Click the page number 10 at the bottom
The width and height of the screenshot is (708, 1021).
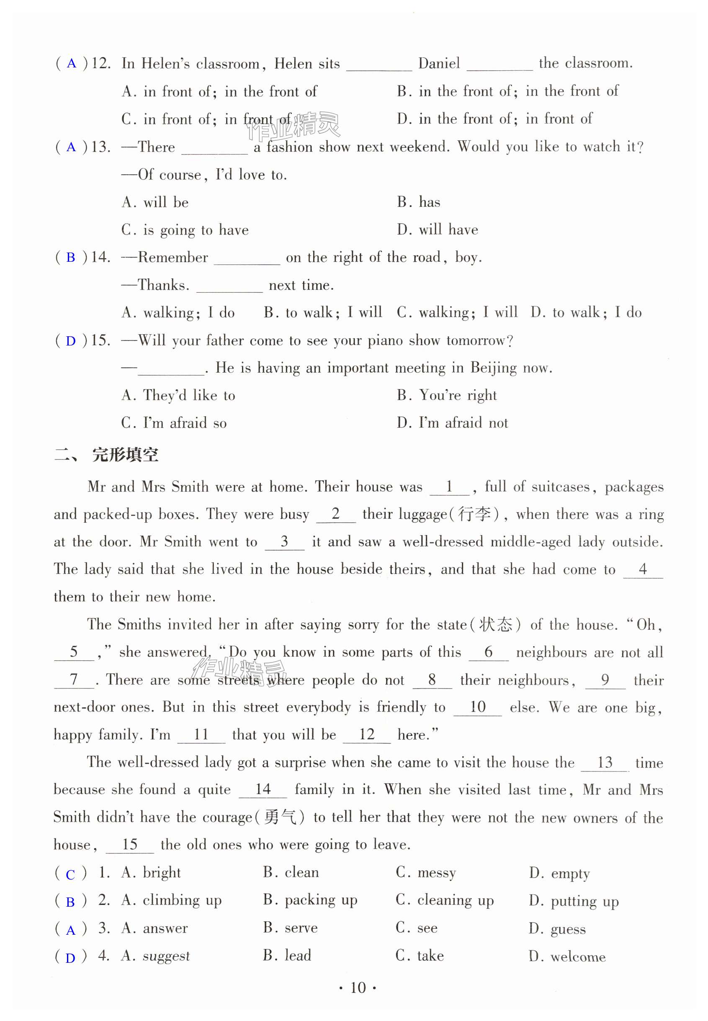[358, 988]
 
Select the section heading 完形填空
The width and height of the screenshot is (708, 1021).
[125, 455]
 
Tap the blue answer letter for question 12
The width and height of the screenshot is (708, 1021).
[72, 64]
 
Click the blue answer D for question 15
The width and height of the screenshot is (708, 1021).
[70, 341]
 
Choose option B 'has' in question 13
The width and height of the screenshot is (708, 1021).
[429, 202]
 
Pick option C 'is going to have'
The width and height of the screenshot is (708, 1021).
[195, 230]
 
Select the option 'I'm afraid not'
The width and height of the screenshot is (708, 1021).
[463, 423]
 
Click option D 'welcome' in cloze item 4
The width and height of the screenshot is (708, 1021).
[578, 956]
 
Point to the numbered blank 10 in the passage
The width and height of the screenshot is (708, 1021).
[477, 707]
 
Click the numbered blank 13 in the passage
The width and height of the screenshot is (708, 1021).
[605, 762]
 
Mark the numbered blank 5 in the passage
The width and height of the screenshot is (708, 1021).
[74, 652]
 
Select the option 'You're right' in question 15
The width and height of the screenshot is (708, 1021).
[457, 395]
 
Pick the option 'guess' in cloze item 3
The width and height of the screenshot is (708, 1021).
[568, 928]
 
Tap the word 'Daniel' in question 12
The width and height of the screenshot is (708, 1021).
[439, 64]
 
